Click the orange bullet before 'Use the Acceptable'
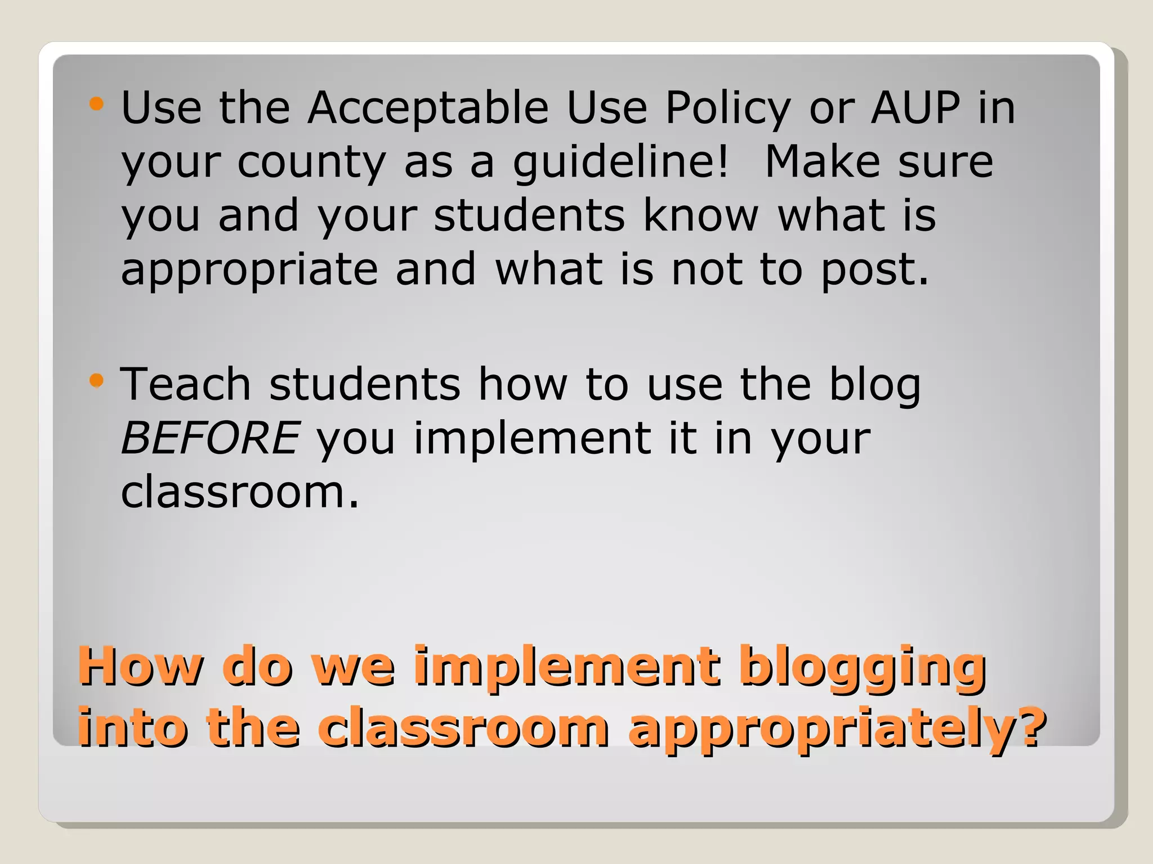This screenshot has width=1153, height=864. [x=97, y=103]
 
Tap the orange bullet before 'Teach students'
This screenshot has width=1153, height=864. [x=97, y=381]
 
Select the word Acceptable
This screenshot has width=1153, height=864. [x=428, y=109]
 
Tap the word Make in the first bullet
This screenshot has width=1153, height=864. [x=823, y=161]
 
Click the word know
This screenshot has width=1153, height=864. [x=701, y=215]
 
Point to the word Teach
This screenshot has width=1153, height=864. [x=186, y=384]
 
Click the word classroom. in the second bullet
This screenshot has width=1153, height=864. [x=240, y=492]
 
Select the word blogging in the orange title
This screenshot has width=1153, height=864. [x=862, y=668]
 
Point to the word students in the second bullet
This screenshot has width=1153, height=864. [x=365, y=384]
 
